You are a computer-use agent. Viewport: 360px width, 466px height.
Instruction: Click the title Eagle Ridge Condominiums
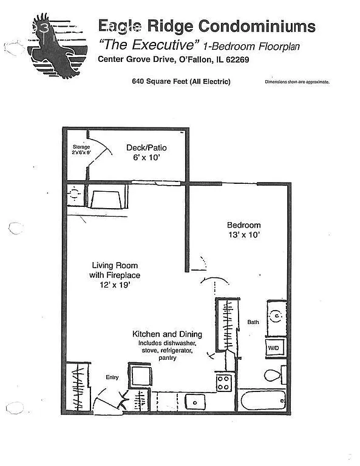tap(207, 25)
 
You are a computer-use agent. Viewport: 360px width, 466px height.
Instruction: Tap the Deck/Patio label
tap(146, 147)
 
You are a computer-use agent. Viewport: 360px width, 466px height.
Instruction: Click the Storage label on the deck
tap(81, 147)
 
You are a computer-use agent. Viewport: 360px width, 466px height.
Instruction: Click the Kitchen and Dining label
tap(167, 334)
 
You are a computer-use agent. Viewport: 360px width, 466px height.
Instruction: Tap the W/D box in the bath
tap(273, 348)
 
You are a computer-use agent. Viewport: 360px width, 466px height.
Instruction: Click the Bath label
tap(253, 322)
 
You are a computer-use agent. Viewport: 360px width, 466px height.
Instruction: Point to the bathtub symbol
tap(265, 401)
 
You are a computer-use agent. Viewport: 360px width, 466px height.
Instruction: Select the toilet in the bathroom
tap(273, 374)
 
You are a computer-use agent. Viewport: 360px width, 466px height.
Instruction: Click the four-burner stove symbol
tap(223, 383)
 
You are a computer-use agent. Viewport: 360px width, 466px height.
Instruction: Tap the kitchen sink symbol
tap(195, 401)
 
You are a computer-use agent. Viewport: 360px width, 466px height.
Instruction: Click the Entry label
tap(112, 377)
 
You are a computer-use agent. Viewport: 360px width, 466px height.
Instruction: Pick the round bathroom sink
tap(275, 316)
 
